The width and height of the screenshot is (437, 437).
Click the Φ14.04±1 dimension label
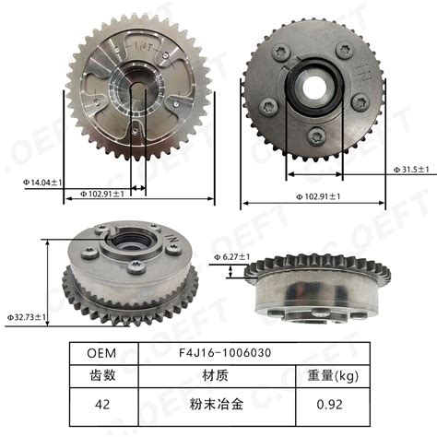pos(33,183)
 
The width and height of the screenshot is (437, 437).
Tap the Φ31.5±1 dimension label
pos(411,170)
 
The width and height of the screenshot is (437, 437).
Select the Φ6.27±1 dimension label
pos(232,256)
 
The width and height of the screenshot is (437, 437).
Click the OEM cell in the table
pos(101,352)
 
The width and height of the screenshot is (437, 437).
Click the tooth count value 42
pos(101,403)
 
